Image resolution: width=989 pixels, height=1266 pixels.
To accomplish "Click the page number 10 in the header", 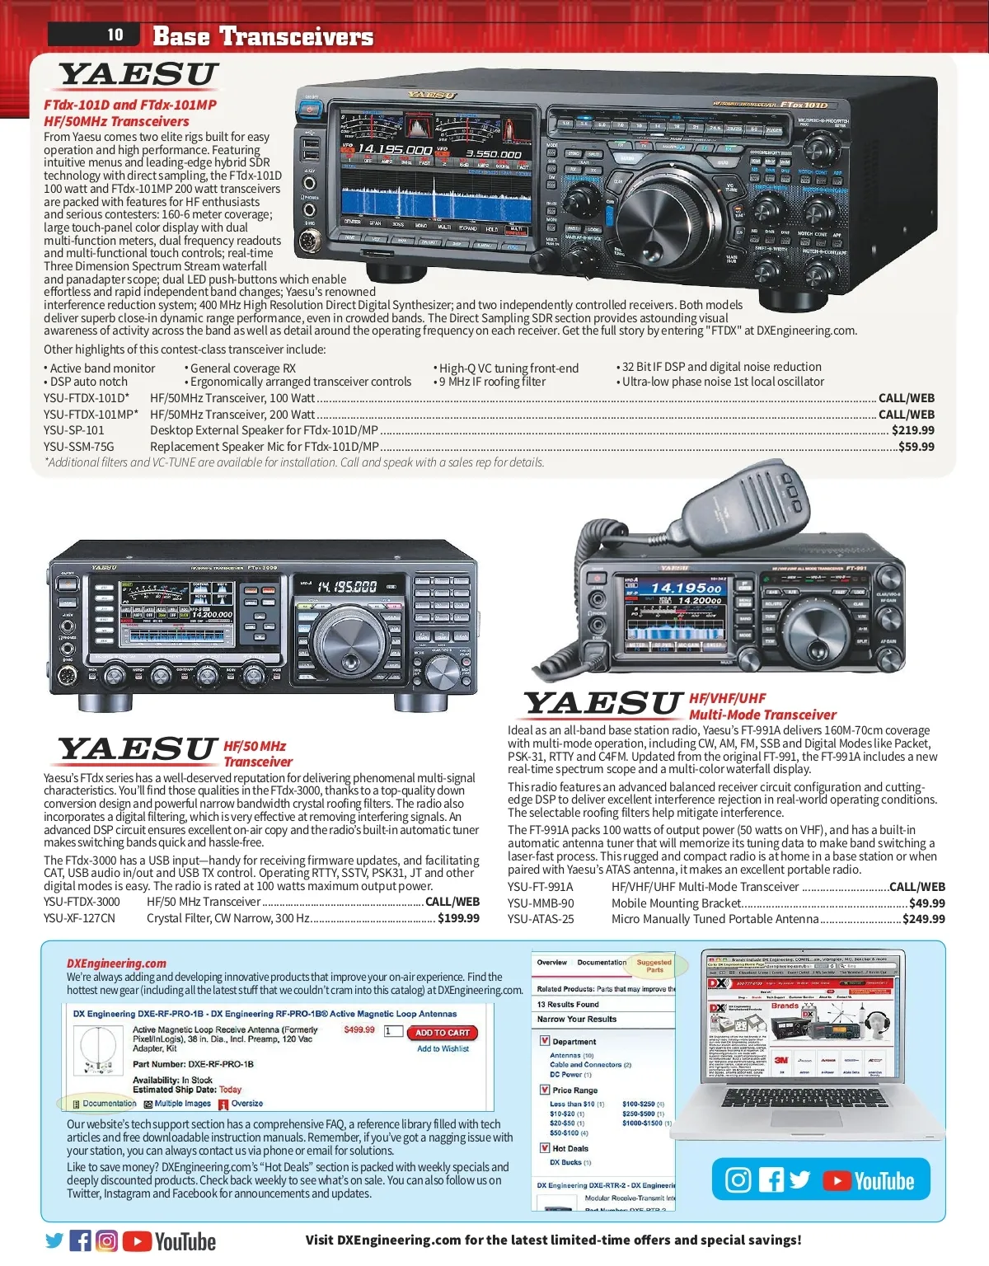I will coord(115,35).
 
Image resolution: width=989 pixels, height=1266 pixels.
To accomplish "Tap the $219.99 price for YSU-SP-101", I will coord(912,430).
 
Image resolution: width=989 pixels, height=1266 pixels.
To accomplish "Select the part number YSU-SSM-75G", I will coord(79,447).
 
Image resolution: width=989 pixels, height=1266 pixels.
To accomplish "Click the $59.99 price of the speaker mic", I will coord(916,447).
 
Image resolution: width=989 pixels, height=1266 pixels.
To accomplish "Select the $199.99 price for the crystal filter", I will coord(458,918).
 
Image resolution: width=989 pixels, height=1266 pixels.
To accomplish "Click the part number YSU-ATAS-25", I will coord(541,919).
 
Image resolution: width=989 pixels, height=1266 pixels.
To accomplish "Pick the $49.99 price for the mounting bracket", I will coord(926,903).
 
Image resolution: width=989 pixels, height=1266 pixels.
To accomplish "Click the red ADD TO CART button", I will coord(443,1033).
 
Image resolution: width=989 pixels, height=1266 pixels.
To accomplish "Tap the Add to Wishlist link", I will coord(443,1049).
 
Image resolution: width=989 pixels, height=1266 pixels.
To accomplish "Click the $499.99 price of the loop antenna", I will coord(359,1029).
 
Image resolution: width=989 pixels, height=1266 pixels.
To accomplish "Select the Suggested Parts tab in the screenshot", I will coord(654,965).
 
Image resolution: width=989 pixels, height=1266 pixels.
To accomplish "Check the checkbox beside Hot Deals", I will coord(544,1147).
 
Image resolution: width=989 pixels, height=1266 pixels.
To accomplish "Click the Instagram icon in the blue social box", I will coord(738,1180).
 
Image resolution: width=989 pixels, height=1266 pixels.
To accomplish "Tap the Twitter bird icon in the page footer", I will coord(54,1240).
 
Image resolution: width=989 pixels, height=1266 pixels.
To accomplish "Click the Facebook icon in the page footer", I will coord(81,1240).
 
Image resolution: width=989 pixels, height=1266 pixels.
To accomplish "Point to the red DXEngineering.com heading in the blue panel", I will coord(116,963).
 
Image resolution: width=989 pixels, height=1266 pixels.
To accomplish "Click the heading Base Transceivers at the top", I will coord(263,36).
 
